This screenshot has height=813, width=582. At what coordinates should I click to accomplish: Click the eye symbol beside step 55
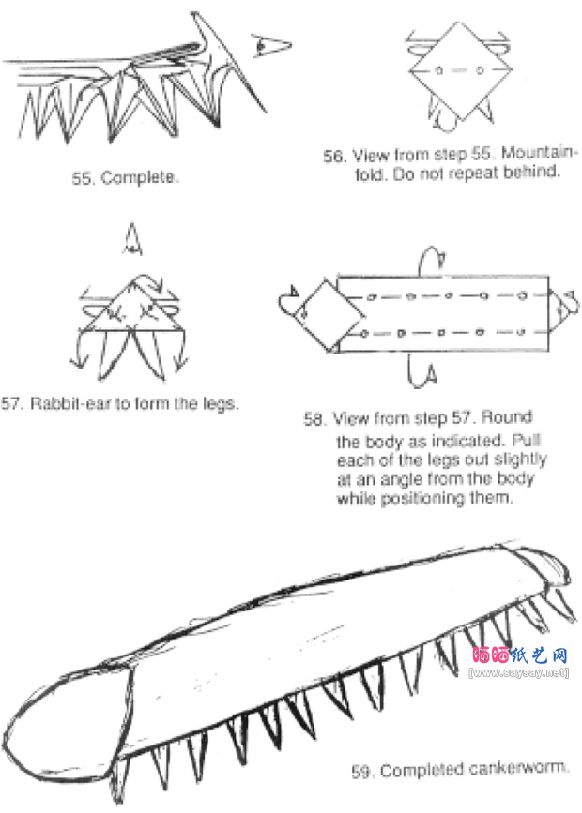(x=271, y=45)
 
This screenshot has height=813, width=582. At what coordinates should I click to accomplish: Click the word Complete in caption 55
(x=138, y=177)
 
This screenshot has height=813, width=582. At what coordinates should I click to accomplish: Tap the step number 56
(x=334, y=156)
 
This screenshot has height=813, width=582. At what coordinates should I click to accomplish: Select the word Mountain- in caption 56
(x=539, y=153)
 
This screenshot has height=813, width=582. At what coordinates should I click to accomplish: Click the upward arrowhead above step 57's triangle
(x=131, y=239)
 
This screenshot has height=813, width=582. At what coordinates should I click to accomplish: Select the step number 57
(x=11, y=403)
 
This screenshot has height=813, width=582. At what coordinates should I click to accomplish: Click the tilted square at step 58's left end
(x=329, y=315)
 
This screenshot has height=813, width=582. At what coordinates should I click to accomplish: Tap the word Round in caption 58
(x=506, y=416)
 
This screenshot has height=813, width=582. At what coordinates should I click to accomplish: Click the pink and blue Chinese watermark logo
(x=519, y=655)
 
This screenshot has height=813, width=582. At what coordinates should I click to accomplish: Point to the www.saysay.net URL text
(x=519, y=672)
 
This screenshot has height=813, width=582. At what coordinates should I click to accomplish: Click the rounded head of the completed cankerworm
(x=68, y=726)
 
